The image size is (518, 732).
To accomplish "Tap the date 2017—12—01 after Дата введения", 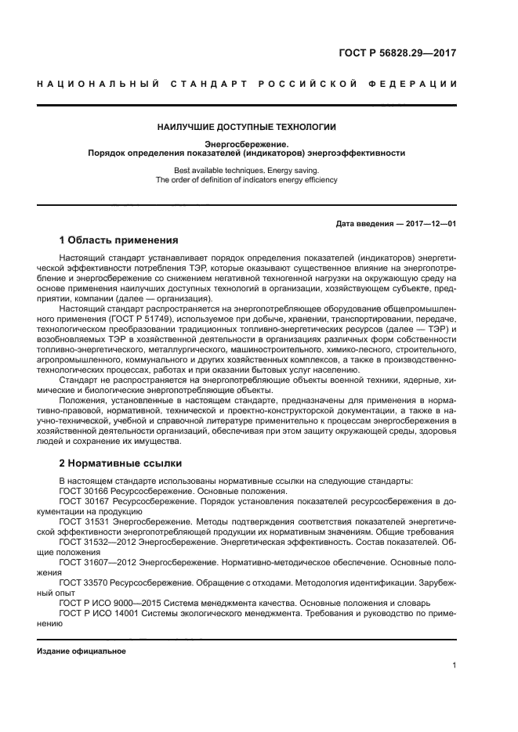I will point(429,223).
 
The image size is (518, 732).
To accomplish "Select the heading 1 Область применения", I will point(119,240).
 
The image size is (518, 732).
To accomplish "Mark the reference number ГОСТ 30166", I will point(85,491).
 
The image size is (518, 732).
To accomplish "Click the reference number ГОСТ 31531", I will point(85,521).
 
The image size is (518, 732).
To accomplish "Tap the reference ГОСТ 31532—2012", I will point(98,540).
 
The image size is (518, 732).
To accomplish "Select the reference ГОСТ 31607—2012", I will point(98,561).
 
